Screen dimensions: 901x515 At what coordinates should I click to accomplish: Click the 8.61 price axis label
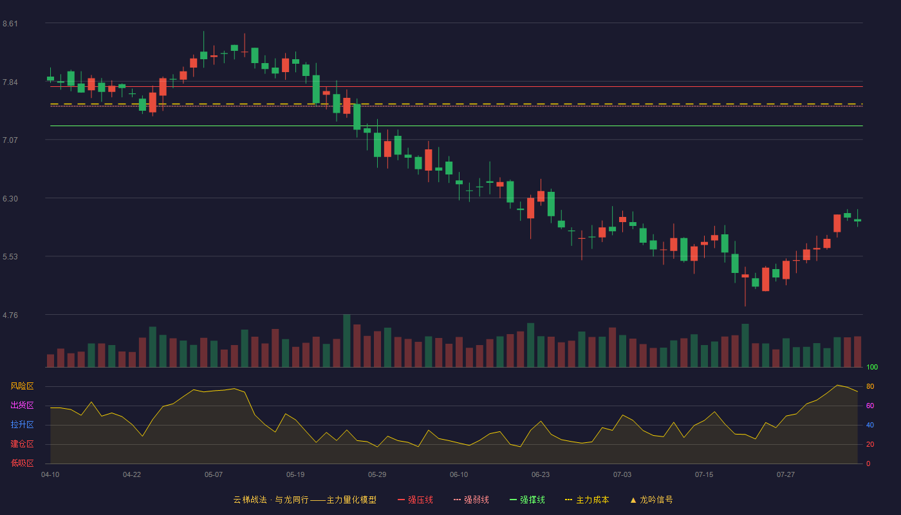pyautogui.click(x=10, y=24)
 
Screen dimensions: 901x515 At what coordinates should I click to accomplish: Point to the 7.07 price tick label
pyautogui.click(x=10, y=140)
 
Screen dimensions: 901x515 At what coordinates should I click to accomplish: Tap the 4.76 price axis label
pyautogui.click(x=10, y=315)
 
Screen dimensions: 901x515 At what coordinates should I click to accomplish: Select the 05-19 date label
pyautogui.click(x=295, y=475)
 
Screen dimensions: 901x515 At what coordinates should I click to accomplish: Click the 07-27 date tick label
pyautogui.click(x=786, y=475)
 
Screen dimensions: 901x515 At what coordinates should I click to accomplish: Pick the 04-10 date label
pyautogui.click(x=50, y=475)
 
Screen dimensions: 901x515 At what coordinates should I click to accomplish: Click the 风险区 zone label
pyautogui.click(x=22, y=386)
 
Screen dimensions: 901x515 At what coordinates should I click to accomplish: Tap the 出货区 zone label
pyautogui.click(x=22, y=405)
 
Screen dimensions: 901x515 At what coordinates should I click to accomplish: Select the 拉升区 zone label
pyautogui.click(x=22, y=424)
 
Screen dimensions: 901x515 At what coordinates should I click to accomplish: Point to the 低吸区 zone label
pyautogui.click(x=22, y=463)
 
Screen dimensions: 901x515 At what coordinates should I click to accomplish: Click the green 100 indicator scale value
pyautogui.click(x=872, y=368)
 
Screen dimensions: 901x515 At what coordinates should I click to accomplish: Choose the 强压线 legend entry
pyautogui.click(x=415, y=500)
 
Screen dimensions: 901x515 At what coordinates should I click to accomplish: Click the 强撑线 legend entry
pyautogui.click(x=527, y=500)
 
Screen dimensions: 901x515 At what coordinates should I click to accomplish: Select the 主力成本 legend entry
pyautogui.click(x=587, y=500)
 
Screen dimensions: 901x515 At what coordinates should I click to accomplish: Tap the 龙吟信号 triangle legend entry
pyautogui.click(x=651, y=500)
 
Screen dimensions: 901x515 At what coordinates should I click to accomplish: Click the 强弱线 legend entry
pyautogui.click(x=471, y=500)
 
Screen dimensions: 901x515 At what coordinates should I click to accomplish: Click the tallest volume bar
pyautogui.click(x=347, y=341)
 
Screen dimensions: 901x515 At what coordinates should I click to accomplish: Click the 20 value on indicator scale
pyautogui.click(x=870, y=445)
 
